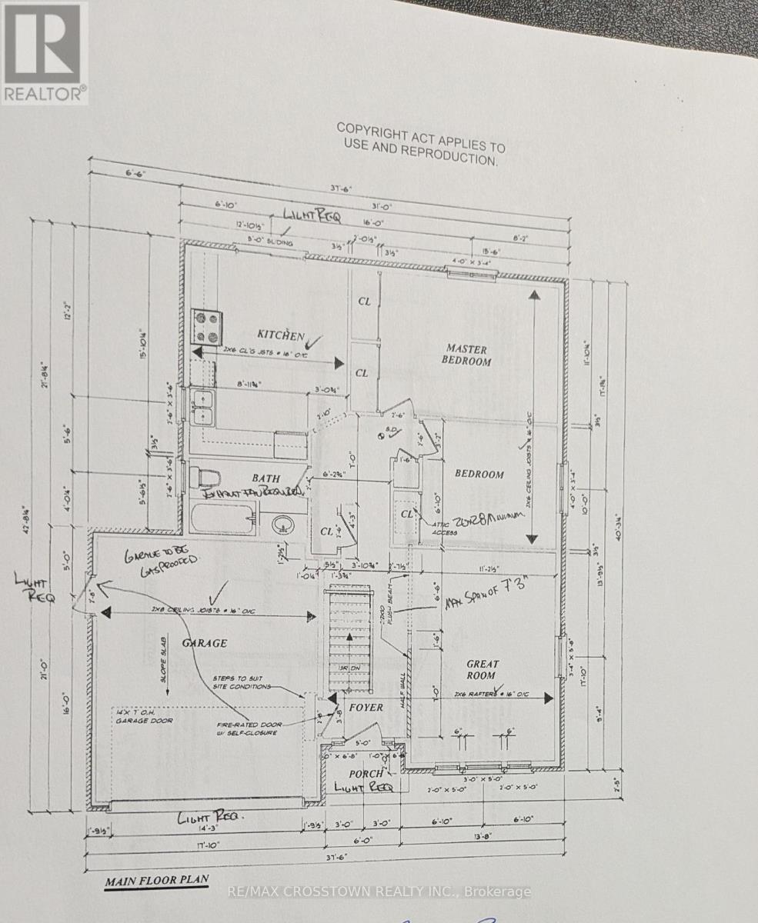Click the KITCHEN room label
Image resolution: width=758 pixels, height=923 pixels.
click(280, 335)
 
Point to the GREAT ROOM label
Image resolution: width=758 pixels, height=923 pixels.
click(482, 670)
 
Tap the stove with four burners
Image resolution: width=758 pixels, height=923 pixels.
click(207, 326)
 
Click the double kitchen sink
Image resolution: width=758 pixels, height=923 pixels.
click(203, 408)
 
